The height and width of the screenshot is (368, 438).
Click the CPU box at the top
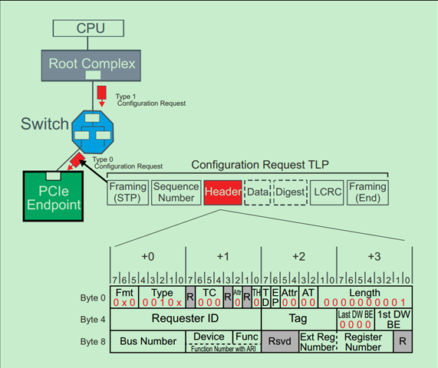point(89,28)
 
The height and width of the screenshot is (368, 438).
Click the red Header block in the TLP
point(222,192)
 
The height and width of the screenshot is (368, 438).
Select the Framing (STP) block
point(127,192)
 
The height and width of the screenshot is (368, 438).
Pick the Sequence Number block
point(175,192)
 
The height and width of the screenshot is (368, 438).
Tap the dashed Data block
point(257,192)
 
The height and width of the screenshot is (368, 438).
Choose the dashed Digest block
point(289,192)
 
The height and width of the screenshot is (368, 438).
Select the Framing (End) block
point(367,192)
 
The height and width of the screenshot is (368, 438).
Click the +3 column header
point(375,255)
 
